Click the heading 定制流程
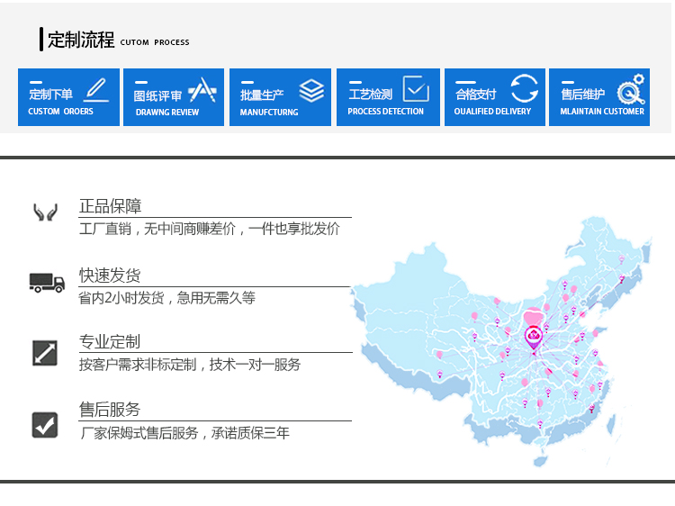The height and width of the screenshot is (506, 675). click(81, 40)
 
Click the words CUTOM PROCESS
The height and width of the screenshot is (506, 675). click(155, 42)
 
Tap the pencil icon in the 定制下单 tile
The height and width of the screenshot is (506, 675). click(96, 89)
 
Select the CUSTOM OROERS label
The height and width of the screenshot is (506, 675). click(60, 111)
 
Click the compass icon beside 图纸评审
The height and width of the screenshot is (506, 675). click(202, 89)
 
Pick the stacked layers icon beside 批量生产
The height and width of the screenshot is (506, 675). click(311, 90)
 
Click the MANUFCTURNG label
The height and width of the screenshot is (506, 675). click(269, 112)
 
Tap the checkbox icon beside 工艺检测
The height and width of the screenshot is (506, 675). click(416, 89)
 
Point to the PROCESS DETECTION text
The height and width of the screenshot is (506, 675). click(386, 111)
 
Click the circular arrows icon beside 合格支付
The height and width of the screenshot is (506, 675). click(525, 88)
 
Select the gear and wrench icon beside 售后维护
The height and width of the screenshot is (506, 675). click(631, 89)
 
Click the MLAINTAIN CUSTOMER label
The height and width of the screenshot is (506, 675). click(602, 111)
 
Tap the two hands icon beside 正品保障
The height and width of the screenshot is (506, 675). click(46, 212)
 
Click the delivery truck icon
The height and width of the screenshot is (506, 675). click(47, 283)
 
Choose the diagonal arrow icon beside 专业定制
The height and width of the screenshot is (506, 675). click(45, 353)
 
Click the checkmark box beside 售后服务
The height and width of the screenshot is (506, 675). click(45, 425)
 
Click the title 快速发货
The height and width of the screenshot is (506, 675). click(110, 276)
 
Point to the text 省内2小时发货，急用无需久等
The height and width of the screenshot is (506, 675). click(167, 298)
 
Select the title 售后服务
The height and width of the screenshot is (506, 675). click(110, 409)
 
